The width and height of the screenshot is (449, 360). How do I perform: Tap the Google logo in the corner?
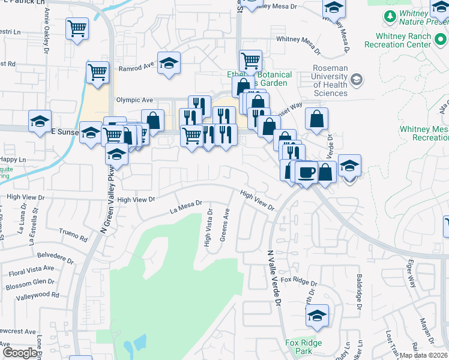20,353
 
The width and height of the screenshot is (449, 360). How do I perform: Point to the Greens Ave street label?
225,225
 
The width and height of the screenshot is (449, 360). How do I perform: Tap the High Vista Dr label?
208,228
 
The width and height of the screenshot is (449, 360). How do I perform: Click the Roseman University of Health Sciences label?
330,80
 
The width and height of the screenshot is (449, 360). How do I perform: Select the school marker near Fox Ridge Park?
317,315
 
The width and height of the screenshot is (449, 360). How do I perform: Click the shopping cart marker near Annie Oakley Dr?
77,28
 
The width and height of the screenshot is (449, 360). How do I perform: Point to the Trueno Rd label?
73,233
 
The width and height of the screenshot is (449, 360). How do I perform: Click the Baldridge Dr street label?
358,292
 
